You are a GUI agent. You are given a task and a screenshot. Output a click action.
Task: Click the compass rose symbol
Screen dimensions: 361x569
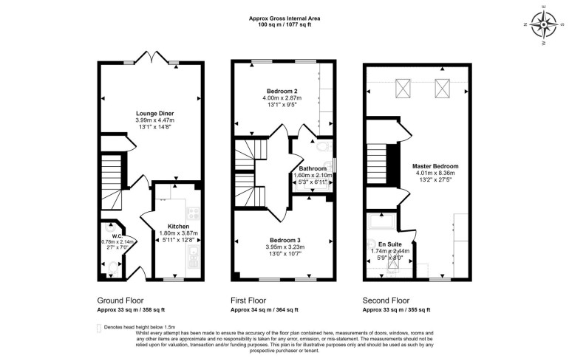(x=545, y=24)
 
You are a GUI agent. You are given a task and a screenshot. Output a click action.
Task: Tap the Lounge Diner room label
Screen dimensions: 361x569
(x=155, y=113)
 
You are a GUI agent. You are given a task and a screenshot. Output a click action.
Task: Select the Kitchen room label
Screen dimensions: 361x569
(x=178, y=226)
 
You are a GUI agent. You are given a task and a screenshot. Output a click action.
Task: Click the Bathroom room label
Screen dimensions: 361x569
(x=313, y=168)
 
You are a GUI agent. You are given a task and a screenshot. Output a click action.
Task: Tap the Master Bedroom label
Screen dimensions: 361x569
(x=435, y=167)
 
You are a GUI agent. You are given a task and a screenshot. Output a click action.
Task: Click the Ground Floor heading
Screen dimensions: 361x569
(x=121, y=301)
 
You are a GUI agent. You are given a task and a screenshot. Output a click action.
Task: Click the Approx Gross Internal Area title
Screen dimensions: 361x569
(x=284, y=18)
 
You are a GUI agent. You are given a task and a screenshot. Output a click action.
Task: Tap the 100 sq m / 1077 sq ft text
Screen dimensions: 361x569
(x=284, y=25)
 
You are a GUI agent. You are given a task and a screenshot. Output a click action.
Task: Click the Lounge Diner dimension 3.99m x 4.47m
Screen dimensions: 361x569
(x=155, y=120)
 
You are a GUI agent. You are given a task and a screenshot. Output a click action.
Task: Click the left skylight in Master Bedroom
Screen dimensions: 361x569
(x=404, y=89)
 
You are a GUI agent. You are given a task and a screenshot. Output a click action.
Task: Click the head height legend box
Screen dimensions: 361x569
(x=100, y=327)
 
